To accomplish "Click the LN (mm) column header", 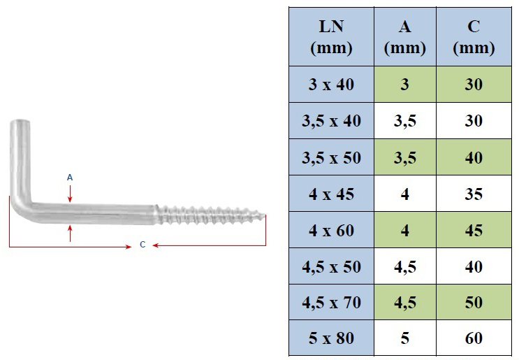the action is pos(331,37).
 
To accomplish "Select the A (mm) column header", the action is pos(405,37).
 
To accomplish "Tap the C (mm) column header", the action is pos(474,37).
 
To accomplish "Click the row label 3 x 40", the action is pos(331,85).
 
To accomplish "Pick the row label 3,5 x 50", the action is pos(331,157).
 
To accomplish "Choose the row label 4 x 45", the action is pos(331,194).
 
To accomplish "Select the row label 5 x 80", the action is pos(331,338).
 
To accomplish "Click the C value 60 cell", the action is pos(474,338).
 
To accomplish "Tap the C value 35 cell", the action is pos(474,194).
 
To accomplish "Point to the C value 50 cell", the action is pos(474,303).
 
